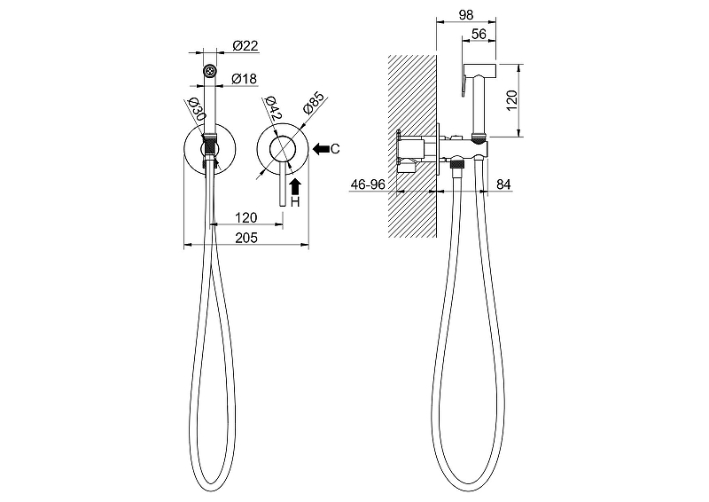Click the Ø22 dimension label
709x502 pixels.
(245, 46)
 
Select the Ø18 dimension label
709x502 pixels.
(245, 79)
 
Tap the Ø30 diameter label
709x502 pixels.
(197, 108)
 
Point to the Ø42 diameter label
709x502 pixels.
(273, 108)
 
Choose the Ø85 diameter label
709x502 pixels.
(314, 103)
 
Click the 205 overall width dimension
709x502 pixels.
(246, 238)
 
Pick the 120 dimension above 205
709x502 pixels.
(246, 217)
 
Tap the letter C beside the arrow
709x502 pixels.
(335, 148)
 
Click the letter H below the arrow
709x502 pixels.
(295, 202)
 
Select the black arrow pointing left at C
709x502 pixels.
(321, 148)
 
